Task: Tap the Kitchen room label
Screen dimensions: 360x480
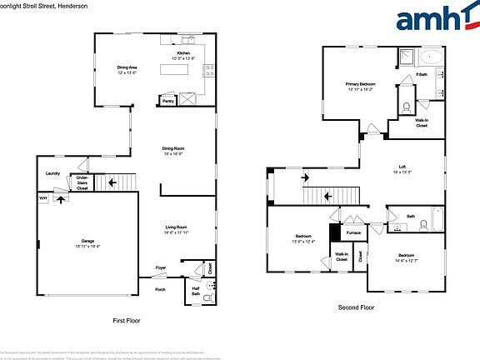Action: tap(183, 55)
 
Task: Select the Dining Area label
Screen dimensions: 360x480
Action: tap(127, 68)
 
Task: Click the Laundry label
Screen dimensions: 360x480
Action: tap(52, 173)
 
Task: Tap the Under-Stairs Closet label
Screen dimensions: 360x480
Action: tap(82, 182)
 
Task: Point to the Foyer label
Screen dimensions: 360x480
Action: tap(161, 267)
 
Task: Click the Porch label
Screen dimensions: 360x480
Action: tap(160, 289)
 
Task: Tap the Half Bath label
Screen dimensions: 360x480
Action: tap(196, 291)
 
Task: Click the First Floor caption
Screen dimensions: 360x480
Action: tap(127, 320)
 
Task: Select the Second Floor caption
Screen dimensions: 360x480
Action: tap(356, 307)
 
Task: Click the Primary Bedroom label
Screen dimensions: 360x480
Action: tap(361, 86)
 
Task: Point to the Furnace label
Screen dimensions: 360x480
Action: tap(353, 232)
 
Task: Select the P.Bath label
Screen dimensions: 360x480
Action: tap(422, 76)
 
